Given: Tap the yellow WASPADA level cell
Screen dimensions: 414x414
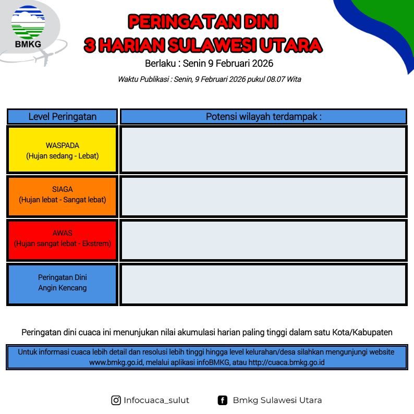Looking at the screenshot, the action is pos(63,150).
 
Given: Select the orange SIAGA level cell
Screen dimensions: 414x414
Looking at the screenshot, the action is pos(63,197).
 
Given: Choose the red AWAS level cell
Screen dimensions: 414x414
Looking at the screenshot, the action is pos(63,240).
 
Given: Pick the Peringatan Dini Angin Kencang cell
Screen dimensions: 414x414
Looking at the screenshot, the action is pos(63,284).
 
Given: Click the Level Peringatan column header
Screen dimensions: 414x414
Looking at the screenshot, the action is pos(63,116).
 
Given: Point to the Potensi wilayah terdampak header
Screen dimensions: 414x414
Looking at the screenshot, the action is pos(263,116).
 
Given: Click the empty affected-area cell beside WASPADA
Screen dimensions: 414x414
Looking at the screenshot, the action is pos(263,150).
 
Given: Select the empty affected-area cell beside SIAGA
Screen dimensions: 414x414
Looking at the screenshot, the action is pos(263,197).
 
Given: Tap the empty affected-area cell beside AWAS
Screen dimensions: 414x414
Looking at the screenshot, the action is pos(263,240).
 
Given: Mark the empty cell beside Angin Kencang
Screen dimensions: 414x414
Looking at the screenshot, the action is pos(263,284).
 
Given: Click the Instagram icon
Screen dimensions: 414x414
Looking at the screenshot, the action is pos(116,400).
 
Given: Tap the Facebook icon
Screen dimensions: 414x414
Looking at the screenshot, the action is pos(222,400).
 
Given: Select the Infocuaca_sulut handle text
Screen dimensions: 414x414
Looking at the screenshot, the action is pos(156,400).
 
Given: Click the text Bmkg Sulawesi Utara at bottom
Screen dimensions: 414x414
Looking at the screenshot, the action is pos(277,400).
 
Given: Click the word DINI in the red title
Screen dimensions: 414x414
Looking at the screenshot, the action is pos(261,22).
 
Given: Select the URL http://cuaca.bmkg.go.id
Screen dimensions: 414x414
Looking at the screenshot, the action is pos(286,362).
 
